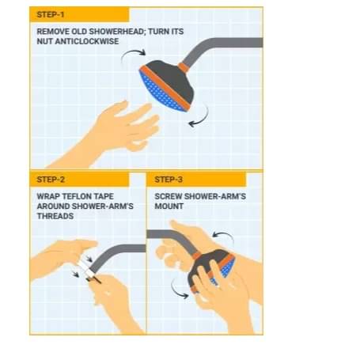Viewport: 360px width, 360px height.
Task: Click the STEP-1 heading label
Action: tap(51, 14)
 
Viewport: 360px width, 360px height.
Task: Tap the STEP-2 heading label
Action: tap(51, 180)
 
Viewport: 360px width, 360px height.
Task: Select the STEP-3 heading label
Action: tap(169, 180)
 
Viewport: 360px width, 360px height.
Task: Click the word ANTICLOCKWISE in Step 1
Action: tap(87, 41)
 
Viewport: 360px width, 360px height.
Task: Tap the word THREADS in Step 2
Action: tap(55, 216)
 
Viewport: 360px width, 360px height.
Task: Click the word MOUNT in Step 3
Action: tap(169, 207)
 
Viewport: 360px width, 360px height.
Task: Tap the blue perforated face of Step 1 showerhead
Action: tap(160, 93)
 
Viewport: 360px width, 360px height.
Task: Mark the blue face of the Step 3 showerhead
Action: tap(227, 267)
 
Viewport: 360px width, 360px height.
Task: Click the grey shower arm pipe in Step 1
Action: tap(211, 45)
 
